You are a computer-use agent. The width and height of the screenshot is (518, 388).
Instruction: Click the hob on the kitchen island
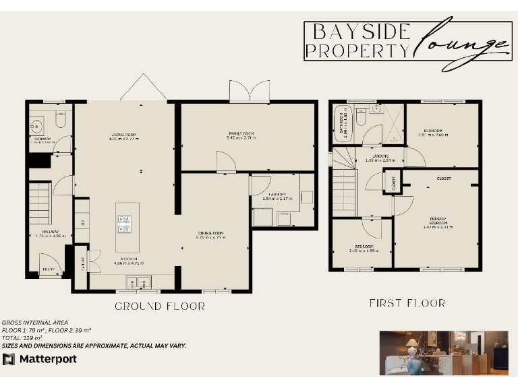point(125,224)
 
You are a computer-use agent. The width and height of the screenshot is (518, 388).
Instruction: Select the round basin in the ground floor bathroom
point(36,125)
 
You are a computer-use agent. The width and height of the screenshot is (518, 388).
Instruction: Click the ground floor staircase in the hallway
point(40,202)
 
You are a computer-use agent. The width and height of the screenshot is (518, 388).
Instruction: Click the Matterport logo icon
point(9,358)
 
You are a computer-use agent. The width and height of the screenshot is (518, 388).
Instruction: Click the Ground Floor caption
point(160,306)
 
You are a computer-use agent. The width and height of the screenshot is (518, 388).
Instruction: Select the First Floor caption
point(407,303)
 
